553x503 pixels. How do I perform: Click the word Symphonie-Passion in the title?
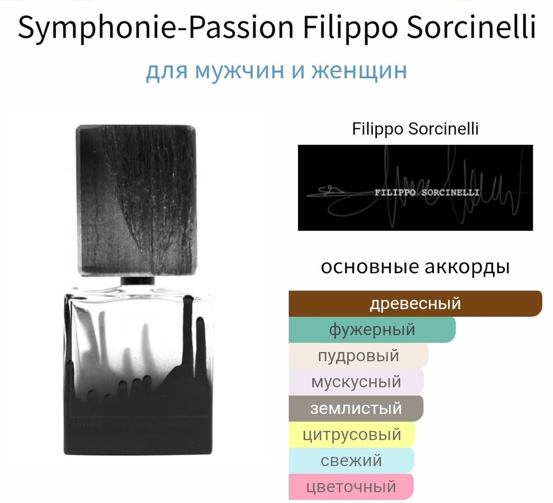(155, 27)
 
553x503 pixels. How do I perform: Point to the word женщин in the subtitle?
(359, 70)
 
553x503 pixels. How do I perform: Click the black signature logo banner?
(415, 188)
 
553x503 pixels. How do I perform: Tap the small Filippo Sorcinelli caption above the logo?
(415, 129)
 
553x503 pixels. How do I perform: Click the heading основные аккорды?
(415, 267)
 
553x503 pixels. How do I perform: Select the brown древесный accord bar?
(415, 303)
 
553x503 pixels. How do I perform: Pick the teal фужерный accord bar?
(372, 330)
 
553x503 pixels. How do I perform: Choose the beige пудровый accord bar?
(358, 355)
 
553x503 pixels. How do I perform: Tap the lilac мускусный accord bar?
(356, 382)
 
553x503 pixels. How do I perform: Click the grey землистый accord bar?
(356, 408)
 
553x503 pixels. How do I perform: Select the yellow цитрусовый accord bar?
(352, 434)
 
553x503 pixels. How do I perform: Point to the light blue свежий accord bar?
(351, 461)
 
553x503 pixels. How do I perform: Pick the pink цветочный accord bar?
(351, 486)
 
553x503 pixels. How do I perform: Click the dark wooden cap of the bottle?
(136, 200)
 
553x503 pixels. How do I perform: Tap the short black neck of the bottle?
(138, 281)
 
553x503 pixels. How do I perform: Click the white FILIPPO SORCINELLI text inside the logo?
(427, 192)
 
